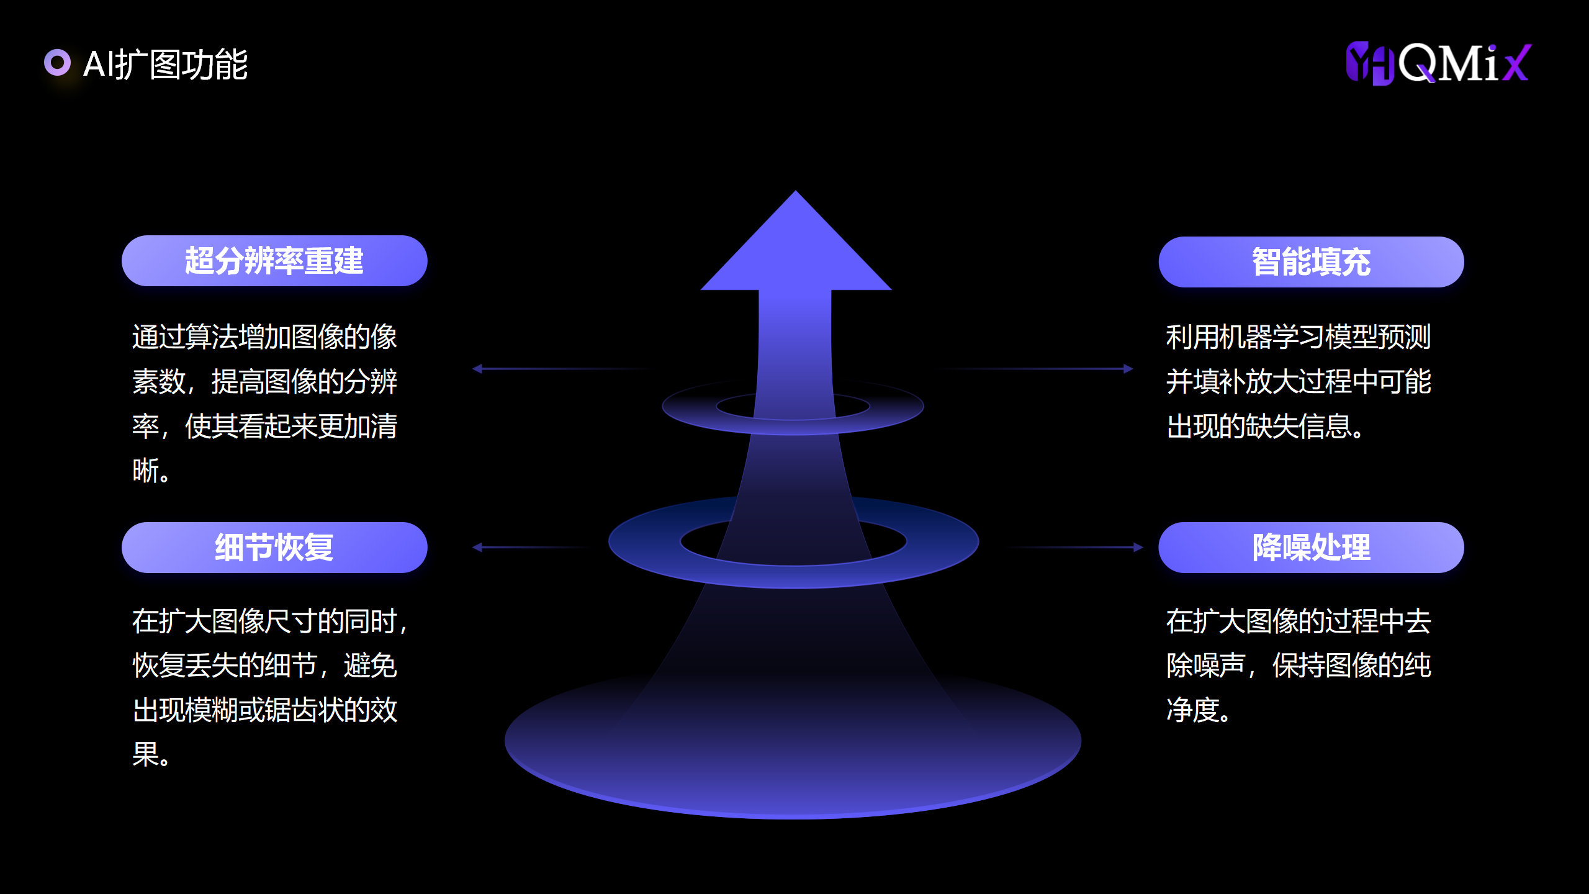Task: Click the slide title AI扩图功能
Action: (x=165, y=64)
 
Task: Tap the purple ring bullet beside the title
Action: (x=57, y=63)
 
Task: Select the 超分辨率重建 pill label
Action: (x=274, y=261)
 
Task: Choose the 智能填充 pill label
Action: (x=1311, y=262)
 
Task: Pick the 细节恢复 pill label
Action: (x=274, y=548)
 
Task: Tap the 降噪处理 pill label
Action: (x=1311, y=548)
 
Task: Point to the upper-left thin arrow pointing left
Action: (x=559, y=369)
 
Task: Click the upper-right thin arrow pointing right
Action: (x=1043, y=369)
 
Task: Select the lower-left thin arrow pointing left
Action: (x=528, y=548)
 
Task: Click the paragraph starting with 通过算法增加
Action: (x=265, y=404)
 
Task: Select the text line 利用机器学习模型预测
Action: (x=1299, y=337)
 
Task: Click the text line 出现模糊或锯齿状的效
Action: (x=265, y=710)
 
